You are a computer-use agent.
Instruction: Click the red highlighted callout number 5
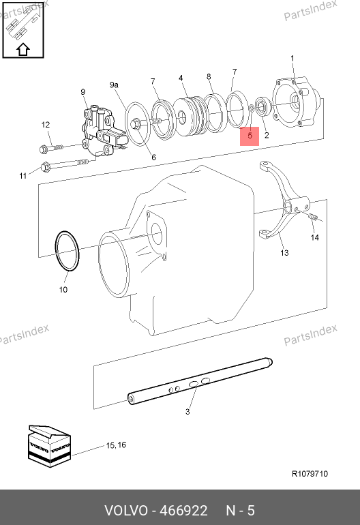[x=250, y=136]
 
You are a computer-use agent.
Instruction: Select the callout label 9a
[x=114, y=85]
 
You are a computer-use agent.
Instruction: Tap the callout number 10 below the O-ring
[x=63, y=290]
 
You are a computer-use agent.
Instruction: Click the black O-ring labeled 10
[x=67, y=251]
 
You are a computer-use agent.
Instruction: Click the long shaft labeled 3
[x=200, y=381]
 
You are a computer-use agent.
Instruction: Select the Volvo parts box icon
[x=49, y=446]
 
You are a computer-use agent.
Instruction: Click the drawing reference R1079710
[x=310, y=474]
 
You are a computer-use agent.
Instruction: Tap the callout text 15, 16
[x=116, y=445]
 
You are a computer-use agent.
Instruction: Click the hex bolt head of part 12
[x=43, y=149]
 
